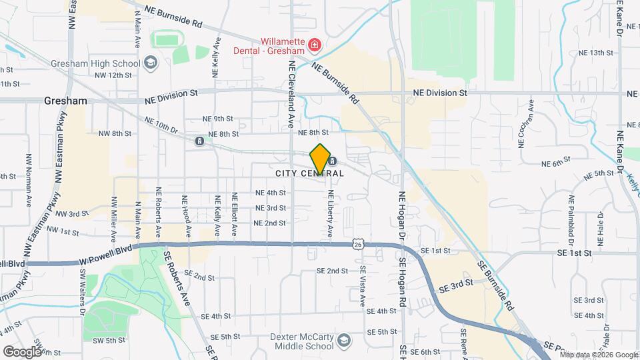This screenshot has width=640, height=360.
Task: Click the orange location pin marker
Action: click(x=320, y=159)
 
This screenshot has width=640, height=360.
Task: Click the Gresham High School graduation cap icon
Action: click(x=151, y=63)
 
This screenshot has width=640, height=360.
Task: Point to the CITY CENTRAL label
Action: click(x=309, y=173)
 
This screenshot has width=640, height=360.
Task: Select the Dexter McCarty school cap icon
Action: click(x=343, y=341)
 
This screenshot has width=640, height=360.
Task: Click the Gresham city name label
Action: click(x=65, y=101)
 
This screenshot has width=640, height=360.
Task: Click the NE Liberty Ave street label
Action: click(x=329, y=214)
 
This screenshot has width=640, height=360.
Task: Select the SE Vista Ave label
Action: click(x=363, y=286)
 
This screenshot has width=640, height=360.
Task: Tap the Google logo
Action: click(x=22, y=351)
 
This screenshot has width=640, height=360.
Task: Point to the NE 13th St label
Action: click(x=595, y=53)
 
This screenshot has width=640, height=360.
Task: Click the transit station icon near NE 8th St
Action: click(x=199, y=141)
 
